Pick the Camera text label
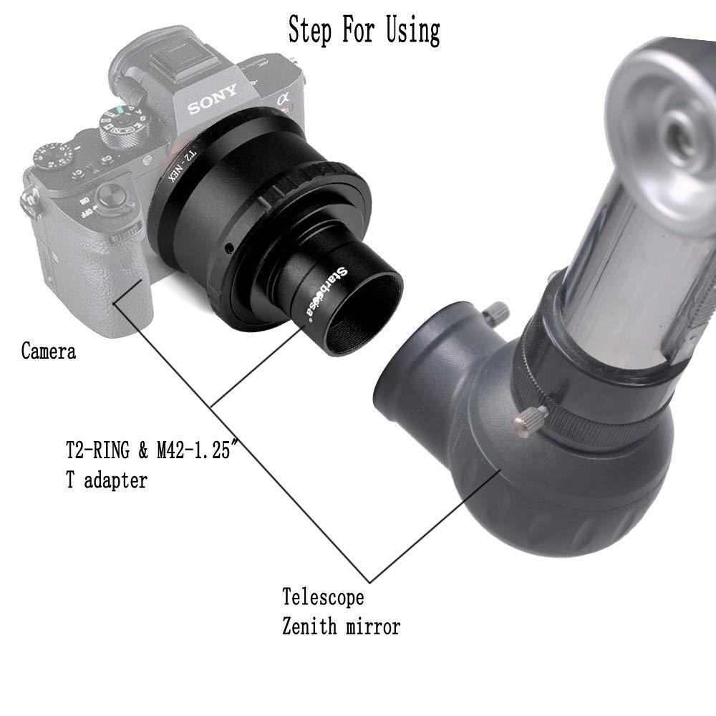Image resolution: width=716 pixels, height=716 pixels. (x=48, y=352)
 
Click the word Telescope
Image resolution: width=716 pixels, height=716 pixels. (x=323, y=596)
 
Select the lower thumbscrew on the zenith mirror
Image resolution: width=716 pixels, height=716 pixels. (x=531, y=419)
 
